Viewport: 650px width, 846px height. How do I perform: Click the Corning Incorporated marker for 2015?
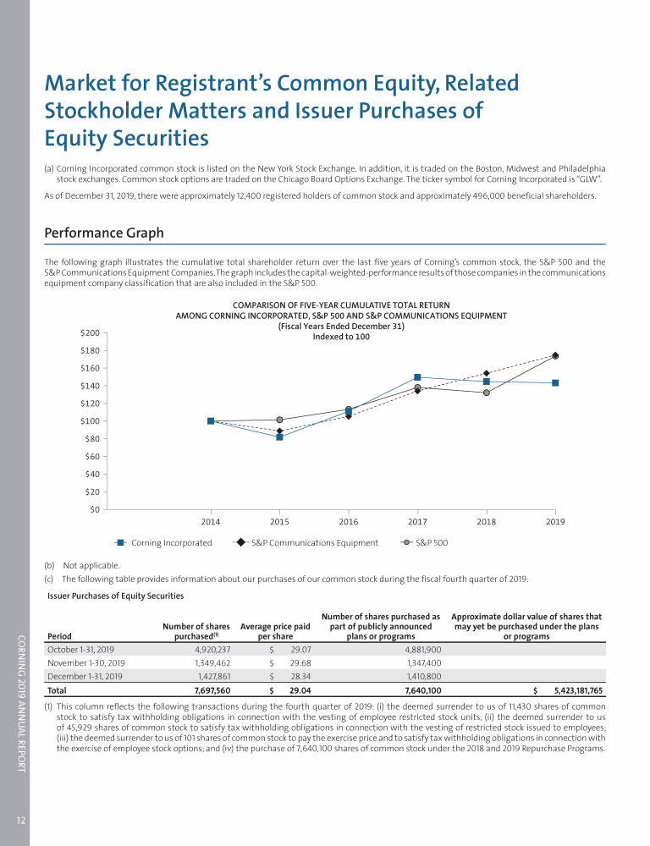tap(279, 437)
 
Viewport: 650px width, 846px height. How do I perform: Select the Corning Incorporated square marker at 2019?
tap(555, 382)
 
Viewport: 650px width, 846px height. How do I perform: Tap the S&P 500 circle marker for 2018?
tap(487, 393)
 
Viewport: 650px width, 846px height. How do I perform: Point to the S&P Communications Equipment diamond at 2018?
tap(487, 373)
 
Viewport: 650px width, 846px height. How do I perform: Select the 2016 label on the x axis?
tap(349, 522)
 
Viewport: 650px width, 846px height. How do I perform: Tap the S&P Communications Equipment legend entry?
tap(314, 542)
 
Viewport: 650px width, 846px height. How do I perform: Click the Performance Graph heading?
tap(104, 233)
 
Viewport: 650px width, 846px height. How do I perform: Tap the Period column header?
tap(60, 636)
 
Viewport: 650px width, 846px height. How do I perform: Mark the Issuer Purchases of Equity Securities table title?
tap(116, 596)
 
